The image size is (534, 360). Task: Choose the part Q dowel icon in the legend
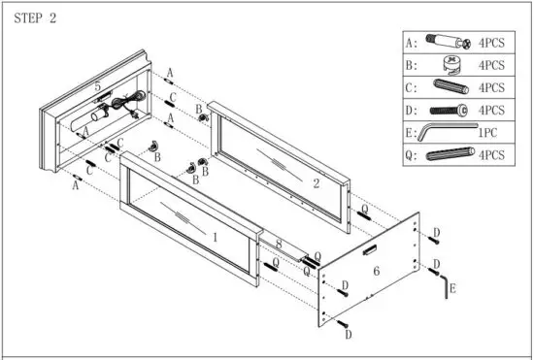[446, 154]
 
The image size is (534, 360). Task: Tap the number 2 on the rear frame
[316, 181]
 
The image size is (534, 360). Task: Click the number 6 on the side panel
[376, 273]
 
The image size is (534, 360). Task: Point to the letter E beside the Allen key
[452, 289]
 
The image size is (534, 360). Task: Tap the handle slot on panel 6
[369, 250]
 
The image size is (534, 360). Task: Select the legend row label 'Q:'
[412, 154]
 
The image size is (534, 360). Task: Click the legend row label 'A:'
[412, 44]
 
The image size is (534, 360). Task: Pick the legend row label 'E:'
[412, 132]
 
